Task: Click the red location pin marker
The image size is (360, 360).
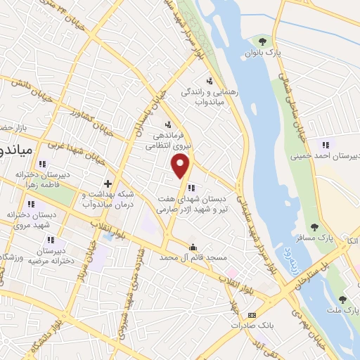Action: tap(181, 165)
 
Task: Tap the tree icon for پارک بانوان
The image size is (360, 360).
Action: tap(262, 41)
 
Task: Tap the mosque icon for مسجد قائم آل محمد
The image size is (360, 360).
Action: tap(193, 247)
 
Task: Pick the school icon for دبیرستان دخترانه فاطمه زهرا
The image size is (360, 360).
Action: tap(43, 164)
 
